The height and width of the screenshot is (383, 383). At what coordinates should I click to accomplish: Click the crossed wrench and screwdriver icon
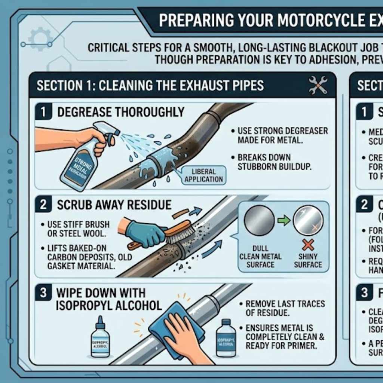pyautogui.click(x=318, y=85)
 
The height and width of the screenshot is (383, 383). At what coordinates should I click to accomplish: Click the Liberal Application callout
pyautogui.click(x=204, y=175)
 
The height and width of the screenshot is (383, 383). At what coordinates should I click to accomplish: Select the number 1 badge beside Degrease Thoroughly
pyautogui.click(x=45, y=112)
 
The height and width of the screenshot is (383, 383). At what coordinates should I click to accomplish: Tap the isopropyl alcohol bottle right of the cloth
pyautogui.click(x=226, y=338)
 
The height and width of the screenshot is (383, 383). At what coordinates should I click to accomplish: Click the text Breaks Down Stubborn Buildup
pyautogui.click(x=274, y=162)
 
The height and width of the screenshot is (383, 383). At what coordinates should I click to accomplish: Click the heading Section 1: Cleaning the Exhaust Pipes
pyautogui.click(x=150, y=85)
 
